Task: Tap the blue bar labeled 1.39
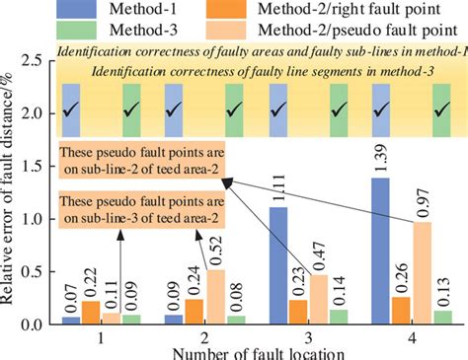380,251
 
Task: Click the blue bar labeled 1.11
278,265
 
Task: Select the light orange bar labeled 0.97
421,273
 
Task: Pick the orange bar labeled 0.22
88,312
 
